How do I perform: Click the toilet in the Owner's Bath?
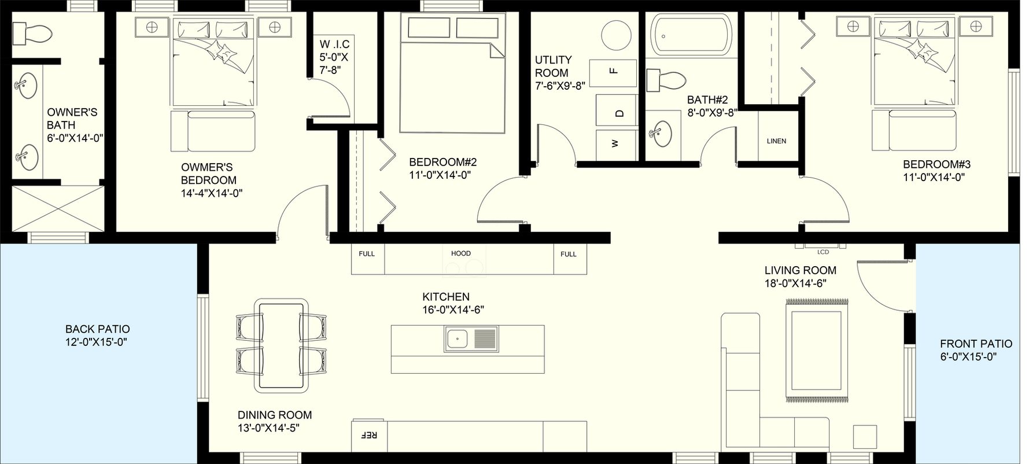click(x=32, y=34)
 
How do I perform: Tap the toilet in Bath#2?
click(x=666, y=81)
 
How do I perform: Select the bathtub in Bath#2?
click(x=691, y=36)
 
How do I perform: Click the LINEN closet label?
click(x=776, y=141)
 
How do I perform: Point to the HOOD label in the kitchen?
click(x=461, y=253)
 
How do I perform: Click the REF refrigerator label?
click(x=370, y=435)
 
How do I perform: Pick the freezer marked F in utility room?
click(x=613, y=72)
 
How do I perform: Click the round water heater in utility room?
click(x=617, y=36)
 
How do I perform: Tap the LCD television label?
click(x=823, y=252)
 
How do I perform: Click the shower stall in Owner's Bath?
click(x=57, y=208)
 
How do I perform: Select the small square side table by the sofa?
click(x=865, y=436)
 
